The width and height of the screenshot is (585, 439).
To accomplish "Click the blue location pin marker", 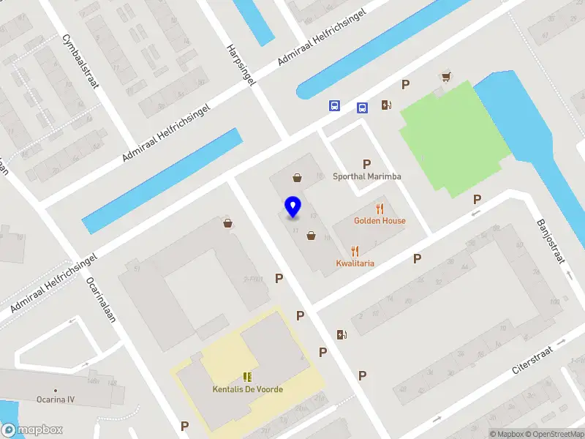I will (293, 207).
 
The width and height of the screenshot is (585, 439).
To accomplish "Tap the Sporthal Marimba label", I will (367, 176).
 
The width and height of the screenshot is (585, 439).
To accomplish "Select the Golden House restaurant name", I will (380, 220).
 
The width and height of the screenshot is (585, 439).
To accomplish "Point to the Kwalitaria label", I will (355, 263).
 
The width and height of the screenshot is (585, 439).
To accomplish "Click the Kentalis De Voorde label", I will (248, 389).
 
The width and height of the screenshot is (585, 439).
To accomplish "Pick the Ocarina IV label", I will (56, 400).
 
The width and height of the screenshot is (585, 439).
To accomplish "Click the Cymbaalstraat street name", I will (80, 61).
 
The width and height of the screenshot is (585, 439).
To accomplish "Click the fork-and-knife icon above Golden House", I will (380, 209).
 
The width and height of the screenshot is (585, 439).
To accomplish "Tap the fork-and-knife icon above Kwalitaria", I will (355, 251).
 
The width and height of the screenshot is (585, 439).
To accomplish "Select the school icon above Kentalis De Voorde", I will (248, 378).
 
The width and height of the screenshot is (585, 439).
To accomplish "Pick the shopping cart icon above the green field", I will (445, 76).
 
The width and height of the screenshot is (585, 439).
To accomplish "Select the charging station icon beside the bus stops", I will (386, 105).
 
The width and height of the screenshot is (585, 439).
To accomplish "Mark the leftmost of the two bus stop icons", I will (334, 105).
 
